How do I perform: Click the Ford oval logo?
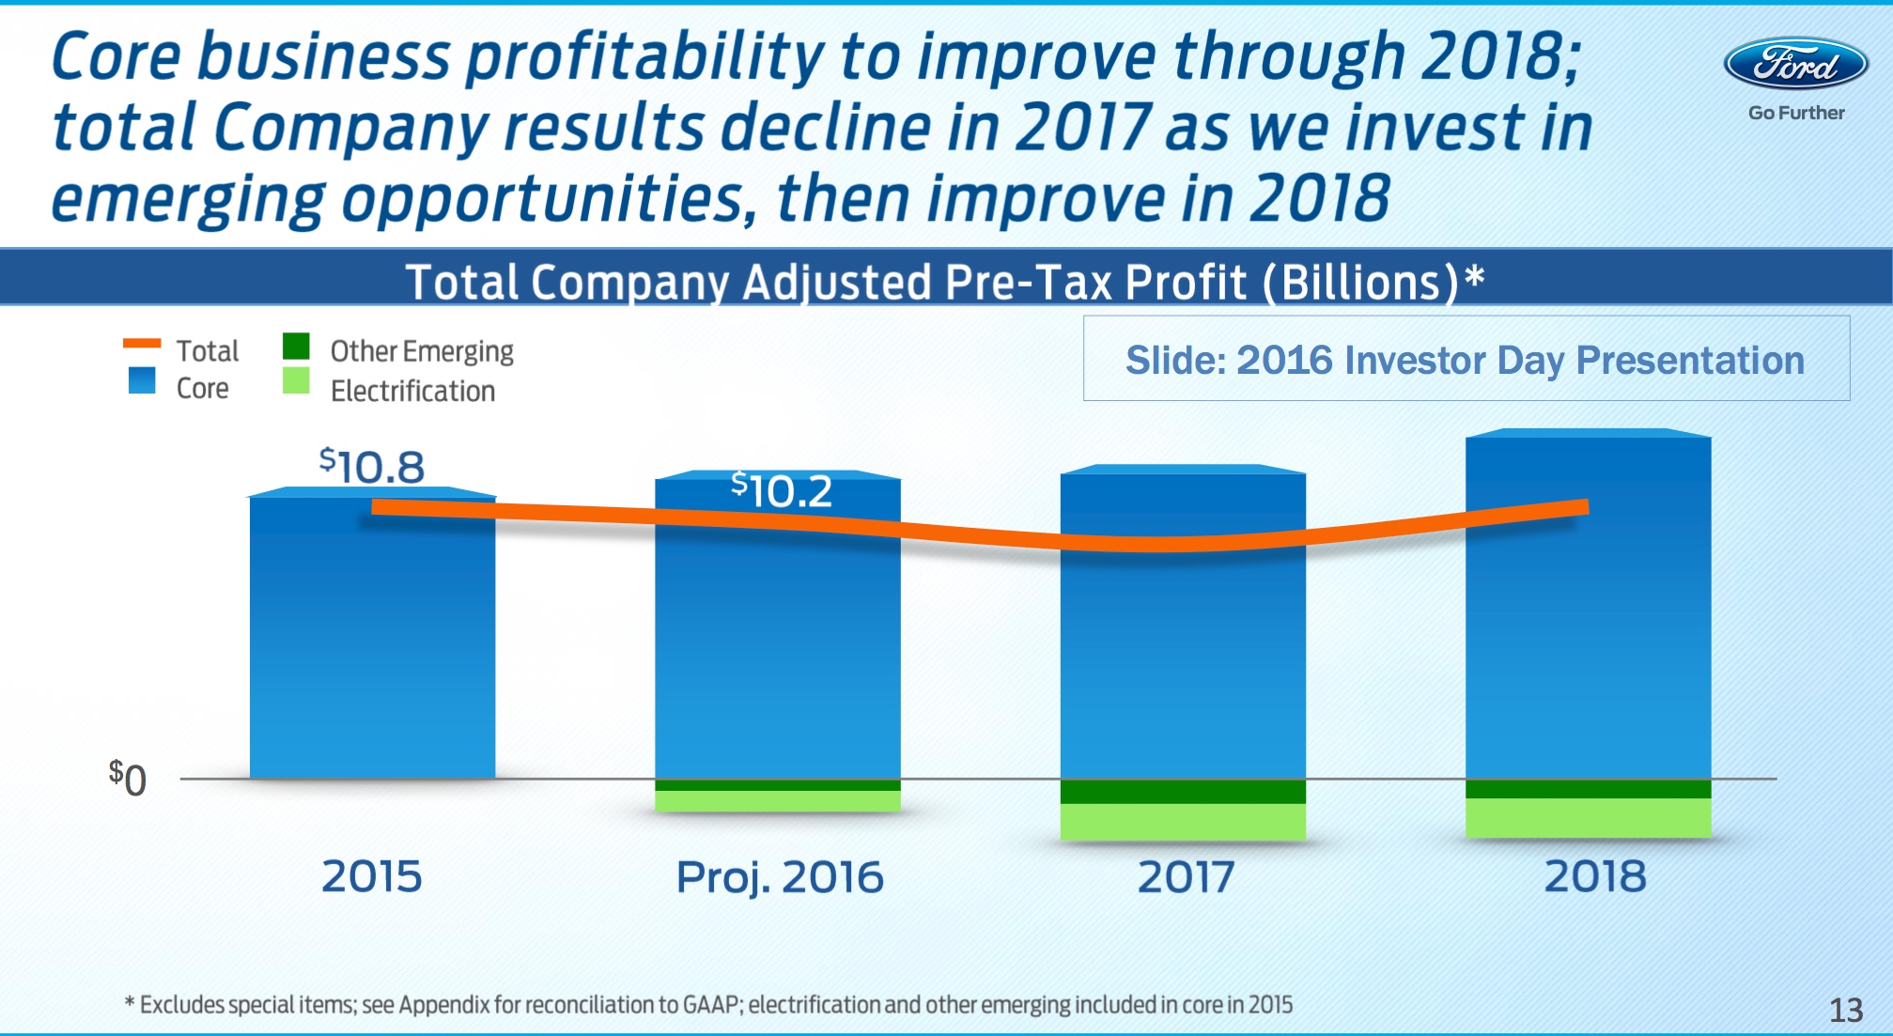pyautogui.click(x=1795, y=64)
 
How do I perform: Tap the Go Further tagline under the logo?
pyautogui.click(x=1796, y=113)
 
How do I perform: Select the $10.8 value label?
pyautogui.click(x=372, y=466)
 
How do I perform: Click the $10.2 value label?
pyautogui.click(x=782, y=489)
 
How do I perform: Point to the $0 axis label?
pyautogui.click(x=128, y=778)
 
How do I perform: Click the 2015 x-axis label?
pyautogui.click(x=372, y=876)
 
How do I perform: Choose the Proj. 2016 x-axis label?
pyautogui.click(x=780, y=877)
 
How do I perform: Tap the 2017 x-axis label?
pyautogui.click(x=1185, y=876)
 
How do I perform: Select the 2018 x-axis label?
pyautogui.click(x=1595, y=875)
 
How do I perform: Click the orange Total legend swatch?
pyautogui.click(x=142, y=344)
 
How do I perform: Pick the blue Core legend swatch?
pyautogui.click(x=142, y=380)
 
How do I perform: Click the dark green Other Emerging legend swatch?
pyautogui.click(x=296, y=347)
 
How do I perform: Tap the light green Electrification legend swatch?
pyautogui.click(x=296, y=380)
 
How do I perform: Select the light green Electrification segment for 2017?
pyautogui.click(x=1183, y=822)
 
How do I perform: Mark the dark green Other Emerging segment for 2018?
pyautogui.click(x=1588, y=789)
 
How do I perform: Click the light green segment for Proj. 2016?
pyautogui.click(x=777, y=801)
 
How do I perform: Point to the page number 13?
pyautogui.click(x=1845, y=1010)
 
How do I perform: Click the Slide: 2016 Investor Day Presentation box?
pyautogui.click(x=1466, y=360)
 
